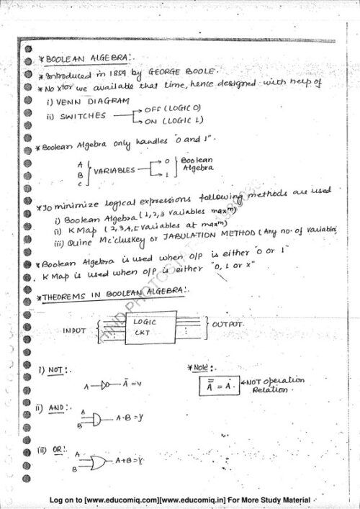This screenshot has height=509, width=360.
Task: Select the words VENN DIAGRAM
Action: tap(89, 102)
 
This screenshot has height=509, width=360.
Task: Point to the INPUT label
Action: tap(75, 331)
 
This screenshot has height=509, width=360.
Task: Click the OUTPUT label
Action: tap(228, 325)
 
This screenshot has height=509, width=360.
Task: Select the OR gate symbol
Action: tap(97, 461)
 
